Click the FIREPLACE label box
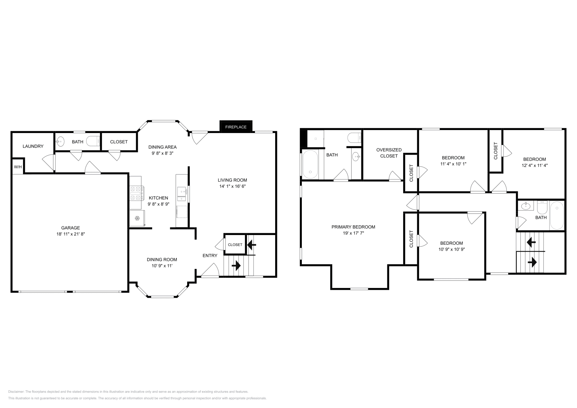[236, 127]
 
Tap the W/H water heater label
[18, 167]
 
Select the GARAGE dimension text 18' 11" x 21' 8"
[70, 234]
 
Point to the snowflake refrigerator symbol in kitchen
[137, 218]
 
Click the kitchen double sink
[181, 194]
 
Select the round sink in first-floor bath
[61, 141]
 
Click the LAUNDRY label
[33, 146]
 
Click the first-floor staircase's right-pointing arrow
[236, 266]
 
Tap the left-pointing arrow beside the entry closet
[251, 245]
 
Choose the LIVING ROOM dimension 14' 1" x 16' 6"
[232, 186]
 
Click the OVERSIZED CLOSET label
[389, 153]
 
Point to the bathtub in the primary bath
[310, 165]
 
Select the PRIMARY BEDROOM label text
[353, 227]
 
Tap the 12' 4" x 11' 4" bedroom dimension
[534, 165]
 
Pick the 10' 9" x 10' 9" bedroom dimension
[451, 249]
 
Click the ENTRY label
[210, 256]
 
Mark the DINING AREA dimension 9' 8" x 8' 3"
[162, 153]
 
